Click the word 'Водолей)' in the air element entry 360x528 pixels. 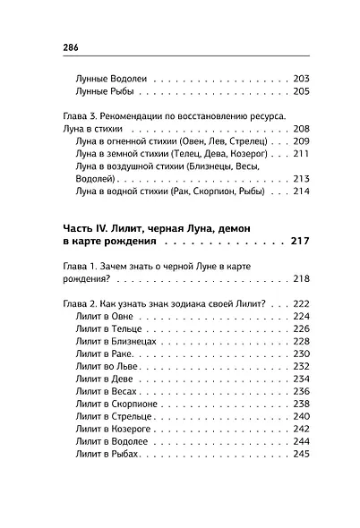[x=99, y=178]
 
